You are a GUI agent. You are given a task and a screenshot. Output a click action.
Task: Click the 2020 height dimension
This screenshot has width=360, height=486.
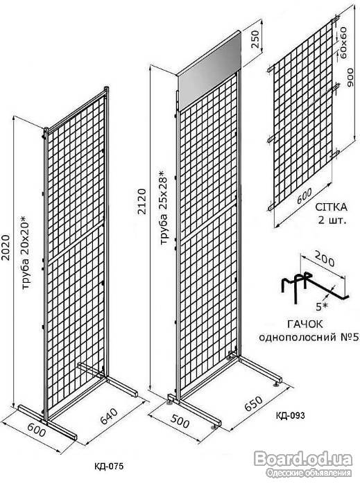pyautogui.click(x=6, y=248)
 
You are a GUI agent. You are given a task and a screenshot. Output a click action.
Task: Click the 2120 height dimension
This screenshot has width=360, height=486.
pyautogui.click(x=142, y=201)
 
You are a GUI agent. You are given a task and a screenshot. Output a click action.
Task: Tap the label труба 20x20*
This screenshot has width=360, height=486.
pyautogui.click(x=26, y=252)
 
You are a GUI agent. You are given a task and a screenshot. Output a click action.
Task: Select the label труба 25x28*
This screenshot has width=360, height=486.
pyautogui.click(x=164, y=207)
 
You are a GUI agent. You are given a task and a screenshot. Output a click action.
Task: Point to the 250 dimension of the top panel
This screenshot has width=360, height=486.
pyautogui.click(x=255, y=39)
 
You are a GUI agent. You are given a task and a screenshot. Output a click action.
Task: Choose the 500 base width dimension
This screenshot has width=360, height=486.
pyautogui.click(x=180, y=422)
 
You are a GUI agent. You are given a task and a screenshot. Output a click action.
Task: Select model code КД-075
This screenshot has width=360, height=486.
pyautogui.click(x=109, y=466)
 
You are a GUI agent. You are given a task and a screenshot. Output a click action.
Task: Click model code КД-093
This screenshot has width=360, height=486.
pyautogui.click(x=290, y=415)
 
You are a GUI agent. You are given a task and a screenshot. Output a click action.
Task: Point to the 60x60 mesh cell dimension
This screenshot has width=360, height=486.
pyautogui.click(x=343, y=43)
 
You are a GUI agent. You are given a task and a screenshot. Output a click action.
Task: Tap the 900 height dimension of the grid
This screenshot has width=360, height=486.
pyautogui.click(x=350, y=78)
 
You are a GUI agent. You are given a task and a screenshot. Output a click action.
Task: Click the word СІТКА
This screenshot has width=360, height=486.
pyautogui.click(x=331, y=207)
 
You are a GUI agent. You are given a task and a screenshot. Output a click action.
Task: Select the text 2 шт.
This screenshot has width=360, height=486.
pyautogui.click(x=332, y=220)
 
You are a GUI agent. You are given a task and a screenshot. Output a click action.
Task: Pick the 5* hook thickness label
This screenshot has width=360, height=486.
pyautogui.click(x=322, y=307)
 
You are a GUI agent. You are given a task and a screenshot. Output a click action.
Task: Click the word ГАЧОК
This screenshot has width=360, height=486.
pyautogui.click(x=305, y=324)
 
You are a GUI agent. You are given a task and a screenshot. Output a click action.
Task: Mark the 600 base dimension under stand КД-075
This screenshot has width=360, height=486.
pyautogui.click(x=37, y=431)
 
